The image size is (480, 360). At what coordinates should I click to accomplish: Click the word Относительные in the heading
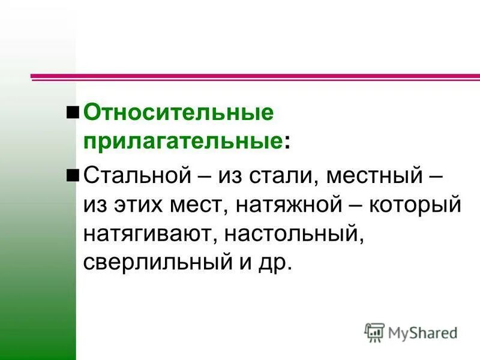coord(178,112)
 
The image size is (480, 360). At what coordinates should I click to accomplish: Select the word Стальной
coord(136,176)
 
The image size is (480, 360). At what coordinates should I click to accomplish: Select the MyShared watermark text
coord(422,332)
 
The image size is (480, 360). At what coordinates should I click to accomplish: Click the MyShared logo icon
coord(374,332)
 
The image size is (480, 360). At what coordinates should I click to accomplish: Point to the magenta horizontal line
coord(255,77)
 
